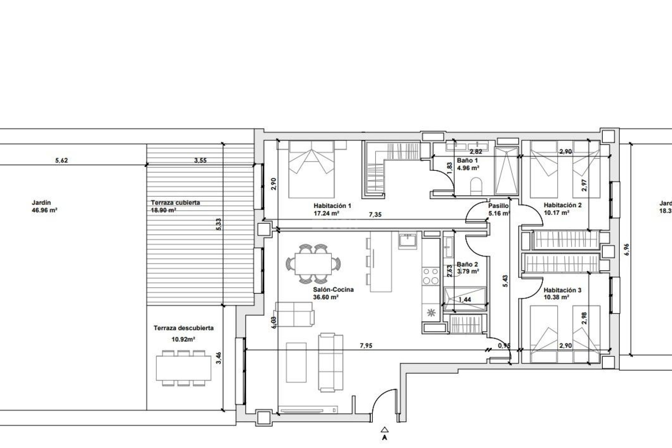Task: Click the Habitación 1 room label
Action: (332, 206)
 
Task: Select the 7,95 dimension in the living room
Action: (366, 346)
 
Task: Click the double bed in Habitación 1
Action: (311, 169)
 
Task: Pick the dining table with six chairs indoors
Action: (314, 264)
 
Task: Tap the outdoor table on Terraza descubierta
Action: (184, 368)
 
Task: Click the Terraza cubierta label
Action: (175, 203)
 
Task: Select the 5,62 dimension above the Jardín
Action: (62, 161)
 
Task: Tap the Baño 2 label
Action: (467, 265)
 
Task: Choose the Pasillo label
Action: (498, 206)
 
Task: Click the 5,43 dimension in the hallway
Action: (505, 281)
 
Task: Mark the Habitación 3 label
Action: (562, 290)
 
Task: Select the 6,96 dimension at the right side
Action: (626, 250)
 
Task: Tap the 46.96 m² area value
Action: (44, 210)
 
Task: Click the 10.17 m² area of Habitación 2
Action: (556, 212)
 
